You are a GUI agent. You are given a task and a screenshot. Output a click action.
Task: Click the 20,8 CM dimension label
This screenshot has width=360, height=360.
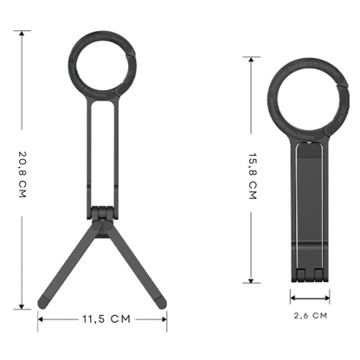pos(22,174)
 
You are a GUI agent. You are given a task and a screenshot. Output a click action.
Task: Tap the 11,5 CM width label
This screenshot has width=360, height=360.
pos(106,319)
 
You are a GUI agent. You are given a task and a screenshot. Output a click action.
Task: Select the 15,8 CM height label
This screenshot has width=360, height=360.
pos(252,176)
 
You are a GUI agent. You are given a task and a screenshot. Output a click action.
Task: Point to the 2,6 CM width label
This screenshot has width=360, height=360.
pos(311,316)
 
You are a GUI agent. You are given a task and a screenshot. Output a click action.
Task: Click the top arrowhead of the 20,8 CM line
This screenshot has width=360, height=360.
pos(22,33)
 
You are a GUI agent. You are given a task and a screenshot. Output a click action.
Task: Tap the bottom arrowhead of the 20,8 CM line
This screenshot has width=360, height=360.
pos(22,306)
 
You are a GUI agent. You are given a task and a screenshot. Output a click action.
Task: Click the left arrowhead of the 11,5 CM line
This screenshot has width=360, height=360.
pos(41,319)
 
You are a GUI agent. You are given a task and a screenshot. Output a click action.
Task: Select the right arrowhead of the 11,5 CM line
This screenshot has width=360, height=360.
pos(164,319)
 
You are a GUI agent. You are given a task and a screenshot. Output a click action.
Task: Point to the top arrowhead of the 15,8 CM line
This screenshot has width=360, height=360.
pos(251,60)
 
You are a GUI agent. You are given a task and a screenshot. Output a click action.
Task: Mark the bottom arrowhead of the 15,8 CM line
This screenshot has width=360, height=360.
pos(251,280)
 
